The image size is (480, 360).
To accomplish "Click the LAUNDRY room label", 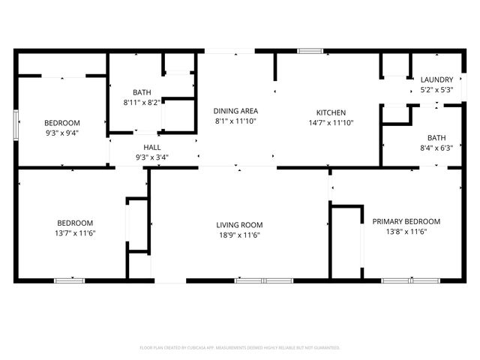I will (436, 79).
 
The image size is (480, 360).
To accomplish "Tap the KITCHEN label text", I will (330, 112).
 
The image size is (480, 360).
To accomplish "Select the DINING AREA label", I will (235, 110).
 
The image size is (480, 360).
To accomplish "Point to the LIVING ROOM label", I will (239, 224).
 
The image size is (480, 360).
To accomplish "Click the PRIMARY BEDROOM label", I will (406, 221).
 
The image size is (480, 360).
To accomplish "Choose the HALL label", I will (146, 148).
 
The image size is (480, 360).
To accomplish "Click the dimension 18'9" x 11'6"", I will (239, 234).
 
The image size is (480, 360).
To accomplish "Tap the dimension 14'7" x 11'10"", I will (330, 122).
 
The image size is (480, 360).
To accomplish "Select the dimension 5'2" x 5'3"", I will (436, 89).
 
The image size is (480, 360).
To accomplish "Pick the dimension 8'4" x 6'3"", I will (436, 148).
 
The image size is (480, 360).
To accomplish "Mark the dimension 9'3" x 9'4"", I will (61, 133).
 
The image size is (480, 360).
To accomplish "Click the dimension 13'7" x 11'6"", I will (76, 232).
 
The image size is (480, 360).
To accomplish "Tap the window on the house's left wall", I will (15, 124).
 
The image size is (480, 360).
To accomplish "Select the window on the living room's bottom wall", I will (264, 280).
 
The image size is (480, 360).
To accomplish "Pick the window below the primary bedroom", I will (411, 280).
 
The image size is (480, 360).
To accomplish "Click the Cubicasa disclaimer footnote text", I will (240, 348).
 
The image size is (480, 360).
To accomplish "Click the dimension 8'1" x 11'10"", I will (235, 120).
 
